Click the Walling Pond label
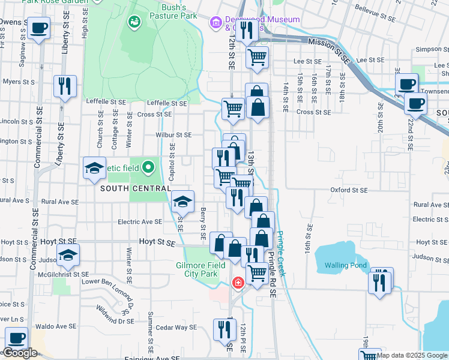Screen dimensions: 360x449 [345, 265]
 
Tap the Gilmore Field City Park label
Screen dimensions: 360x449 [200, 269]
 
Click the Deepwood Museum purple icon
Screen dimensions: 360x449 [214, 23]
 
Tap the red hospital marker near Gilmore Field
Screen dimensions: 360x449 [238, 282]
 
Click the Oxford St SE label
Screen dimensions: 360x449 [348, 190]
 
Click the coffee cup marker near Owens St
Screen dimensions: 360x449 [39, 28]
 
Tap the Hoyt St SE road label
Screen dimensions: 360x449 [157, 241]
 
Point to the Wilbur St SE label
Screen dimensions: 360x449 [173, 135]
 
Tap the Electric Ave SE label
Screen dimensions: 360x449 [139, 221]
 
